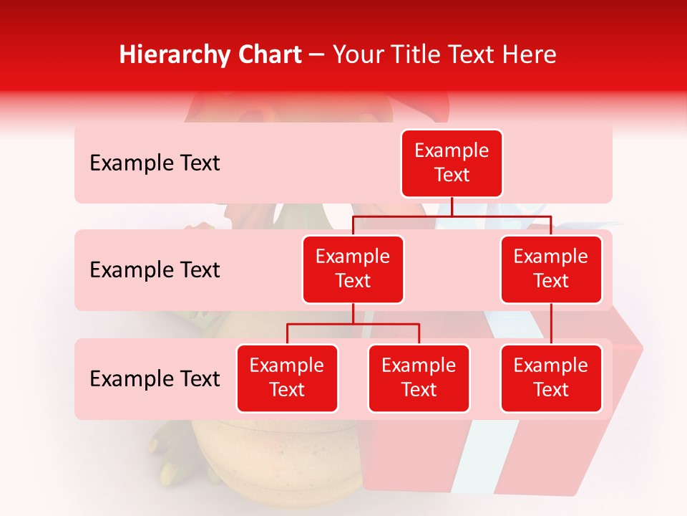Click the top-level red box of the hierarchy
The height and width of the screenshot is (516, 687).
tap(452, 163)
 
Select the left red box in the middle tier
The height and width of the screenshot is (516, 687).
tap(353, 269)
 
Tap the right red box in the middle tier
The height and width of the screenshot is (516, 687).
tap(551, 269)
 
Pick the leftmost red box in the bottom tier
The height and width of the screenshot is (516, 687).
tap(287, 378)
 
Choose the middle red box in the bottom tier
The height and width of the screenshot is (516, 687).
tap(419, 378)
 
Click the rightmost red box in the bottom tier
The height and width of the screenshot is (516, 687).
tap(551, 378)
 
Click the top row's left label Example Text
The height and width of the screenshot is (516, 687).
tap(155, 163)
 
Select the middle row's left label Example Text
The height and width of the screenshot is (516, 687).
tap(155, 270)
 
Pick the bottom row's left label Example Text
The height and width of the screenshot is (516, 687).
tap(155, 379)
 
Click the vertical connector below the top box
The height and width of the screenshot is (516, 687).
tap(452, 206)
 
